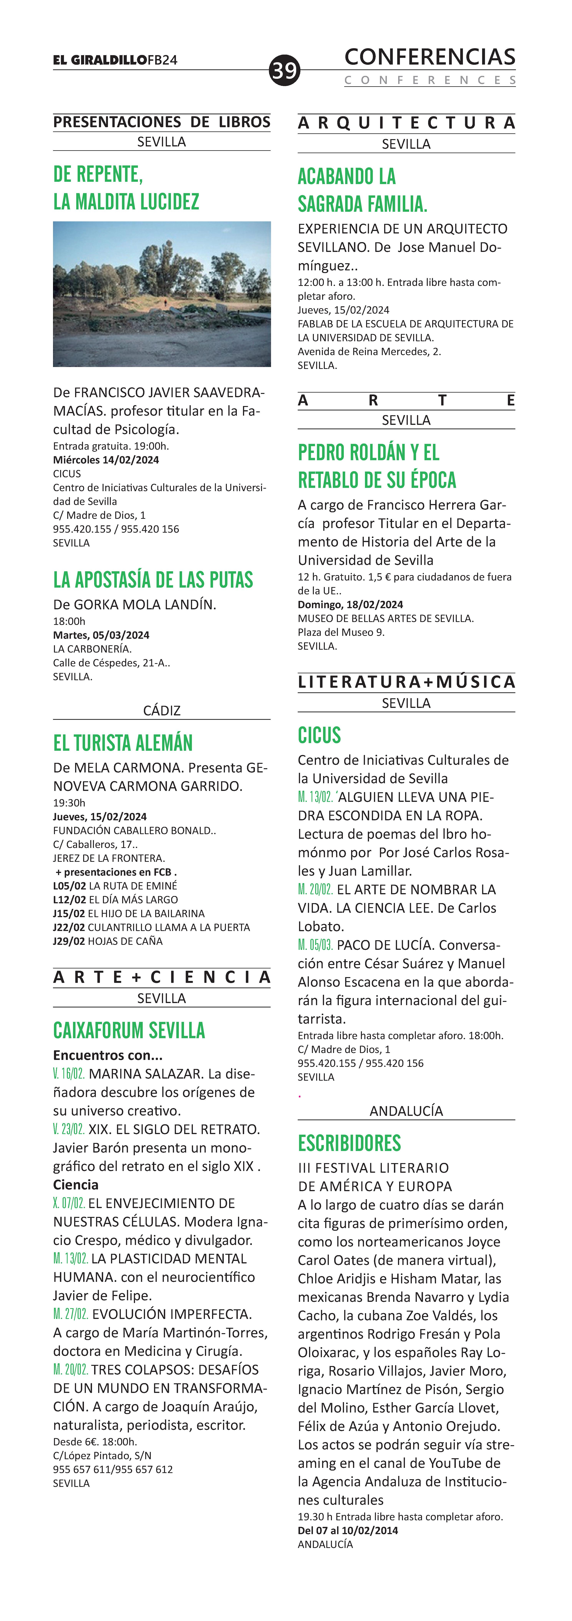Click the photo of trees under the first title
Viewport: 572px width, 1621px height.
162,294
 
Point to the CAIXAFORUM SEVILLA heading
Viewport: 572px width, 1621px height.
129,1030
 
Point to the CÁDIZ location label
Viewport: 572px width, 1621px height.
162,710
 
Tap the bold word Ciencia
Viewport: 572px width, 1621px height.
75,1185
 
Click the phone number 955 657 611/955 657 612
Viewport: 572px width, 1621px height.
113,1469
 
